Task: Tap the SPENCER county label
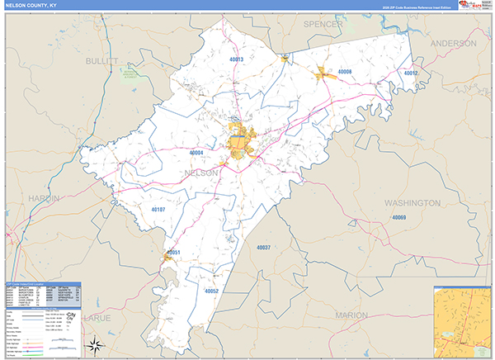(x=323, y=25)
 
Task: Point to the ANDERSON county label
(x=454, y=43)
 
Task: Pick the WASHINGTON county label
(x=412, y=202)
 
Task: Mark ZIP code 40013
(x=238, y=59)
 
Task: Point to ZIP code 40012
(x=411, y=73)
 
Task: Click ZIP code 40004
(x=196, y=153)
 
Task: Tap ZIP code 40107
(x=158, y=210)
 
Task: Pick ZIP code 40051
(x=172, y=253)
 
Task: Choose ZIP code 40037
(x=263, y=247)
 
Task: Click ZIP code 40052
(x=211, y=291)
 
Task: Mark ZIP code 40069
(x=399, y=217)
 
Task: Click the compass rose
(x=95, y=344)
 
